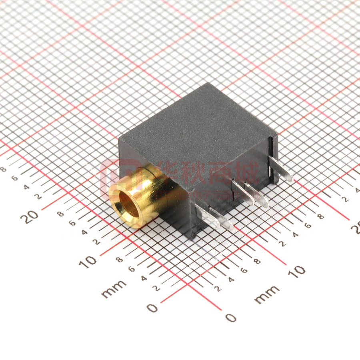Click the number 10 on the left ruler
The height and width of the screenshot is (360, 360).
tap(88, 261)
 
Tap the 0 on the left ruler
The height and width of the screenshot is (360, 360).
tap(152, 308)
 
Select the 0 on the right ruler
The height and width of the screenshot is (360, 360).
tap(231, 318)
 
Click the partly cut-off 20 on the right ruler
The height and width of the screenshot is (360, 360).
tap(355, 228)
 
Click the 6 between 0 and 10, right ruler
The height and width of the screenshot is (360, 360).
tap(244, 270)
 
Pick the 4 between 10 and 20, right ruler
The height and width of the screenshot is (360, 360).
tap(295, 235)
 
